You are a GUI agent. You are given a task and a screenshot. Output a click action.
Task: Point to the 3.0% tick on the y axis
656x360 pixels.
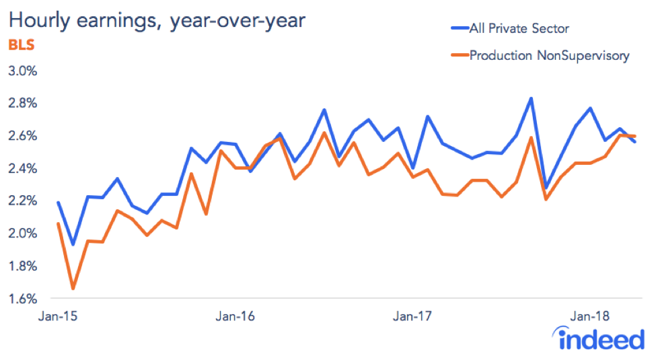click(23, 71)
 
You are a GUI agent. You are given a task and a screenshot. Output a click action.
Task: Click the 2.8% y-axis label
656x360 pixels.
click(23, 103)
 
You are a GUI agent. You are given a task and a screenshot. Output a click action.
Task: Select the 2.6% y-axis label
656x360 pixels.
click(23, 136)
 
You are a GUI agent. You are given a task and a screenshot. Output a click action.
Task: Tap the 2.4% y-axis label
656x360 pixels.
click(23, 168)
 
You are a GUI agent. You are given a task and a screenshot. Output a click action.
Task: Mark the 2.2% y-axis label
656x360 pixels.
click(23, 201)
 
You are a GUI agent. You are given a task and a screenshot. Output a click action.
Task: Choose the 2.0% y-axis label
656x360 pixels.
click(23, 233)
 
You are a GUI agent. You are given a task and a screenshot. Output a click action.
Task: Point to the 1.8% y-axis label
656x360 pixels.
click(23, 266)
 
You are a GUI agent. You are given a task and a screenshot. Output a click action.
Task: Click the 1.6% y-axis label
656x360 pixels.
click(23, 298)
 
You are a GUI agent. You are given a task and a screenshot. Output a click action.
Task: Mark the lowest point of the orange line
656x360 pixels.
click(73, 289)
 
